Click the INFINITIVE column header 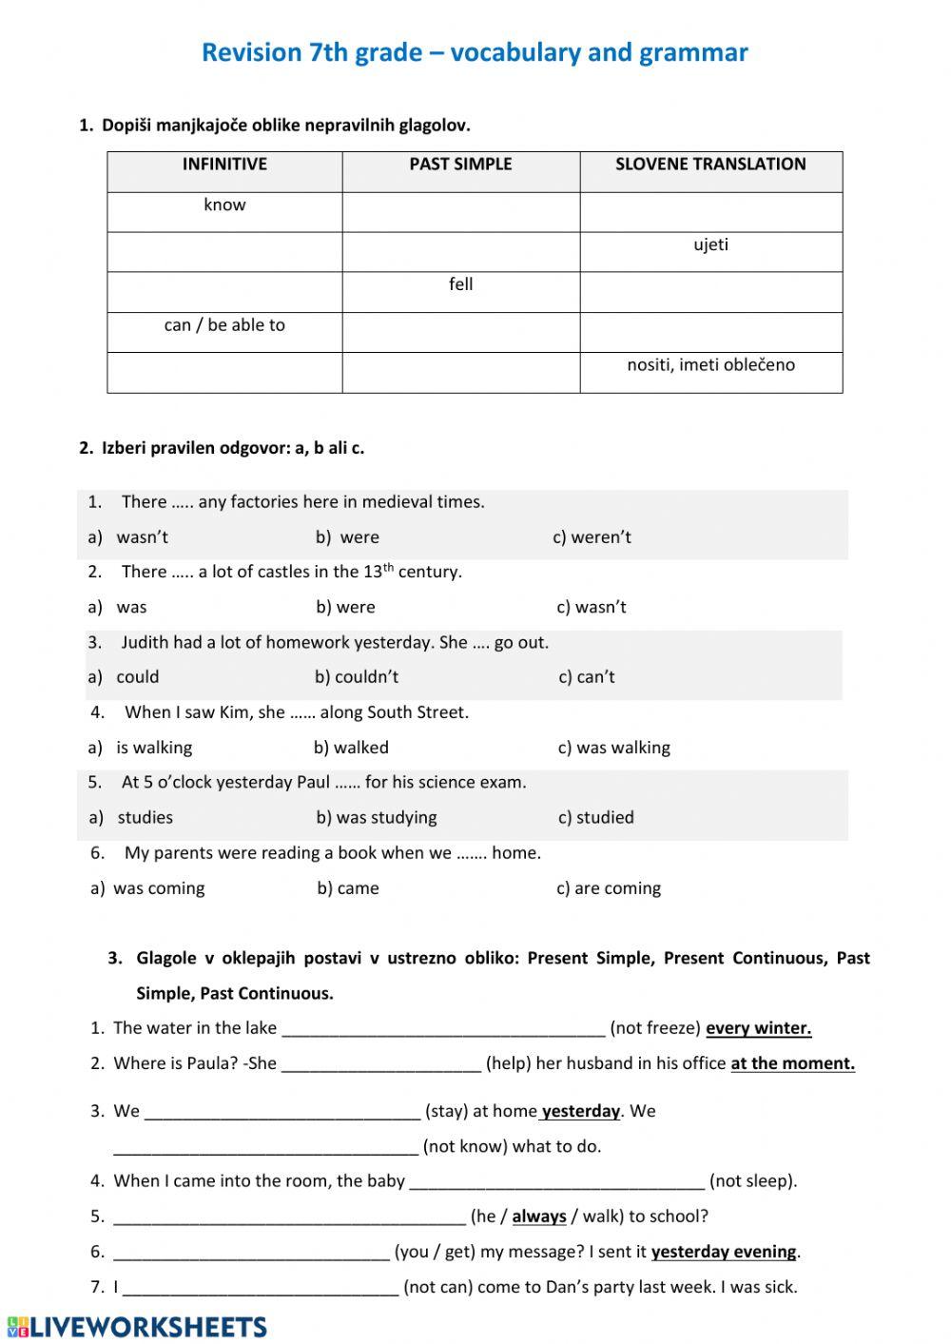pos(224,165)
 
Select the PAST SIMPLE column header pos(460,165)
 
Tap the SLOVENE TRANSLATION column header pos(710,165)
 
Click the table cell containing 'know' pos(224,205)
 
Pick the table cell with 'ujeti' pos(710,245)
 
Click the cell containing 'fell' pos(460,285)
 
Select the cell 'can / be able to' pos(224,325)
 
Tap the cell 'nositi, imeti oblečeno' pos(710,365)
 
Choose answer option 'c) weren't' pos(592,537)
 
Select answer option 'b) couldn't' pos(357,677)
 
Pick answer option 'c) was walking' pos(613,748)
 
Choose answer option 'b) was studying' pos(377,818)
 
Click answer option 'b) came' pos(348,888)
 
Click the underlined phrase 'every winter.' pos(759,1028)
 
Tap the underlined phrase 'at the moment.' pos(792,1063)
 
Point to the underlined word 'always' pos(539,1217)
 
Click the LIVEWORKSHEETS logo pos(137,1327)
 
